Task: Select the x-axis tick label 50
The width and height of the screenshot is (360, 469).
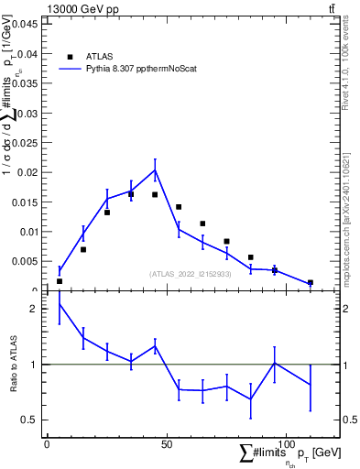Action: click(166, 444)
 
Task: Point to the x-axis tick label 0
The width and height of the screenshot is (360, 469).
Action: click(47, 444)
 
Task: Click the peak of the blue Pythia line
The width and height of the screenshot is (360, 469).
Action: click(155, 169)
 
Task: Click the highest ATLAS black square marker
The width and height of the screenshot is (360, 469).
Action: click(131, 193)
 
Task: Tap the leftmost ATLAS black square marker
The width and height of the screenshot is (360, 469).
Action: click(60, 281)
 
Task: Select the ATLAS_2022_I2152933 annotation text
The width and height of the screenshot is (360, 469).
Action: click(191, 274)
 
